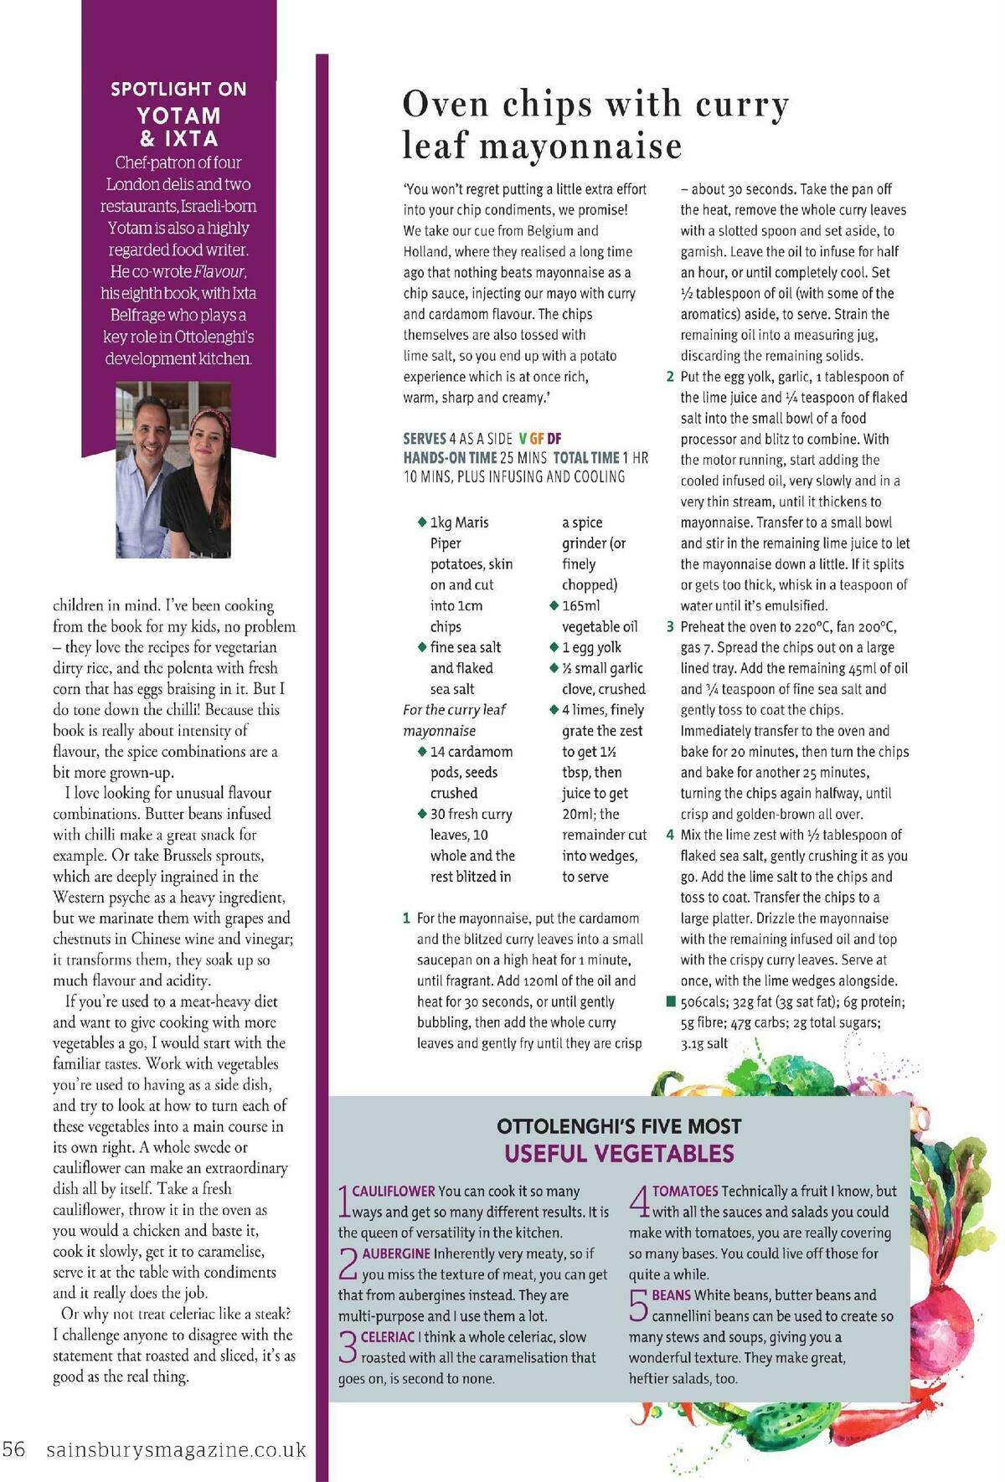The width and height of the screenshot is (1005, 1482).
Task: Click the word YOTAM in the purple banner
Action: tap(178, 115)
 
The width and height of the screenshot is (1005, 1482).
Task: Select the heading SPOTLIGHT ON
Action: tap(178, 89)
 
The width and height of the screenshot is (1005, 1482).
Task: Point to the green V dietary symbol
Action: tap(523, 437)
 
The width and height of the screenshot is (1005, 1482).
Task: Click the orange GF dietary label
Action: tap(538, 437)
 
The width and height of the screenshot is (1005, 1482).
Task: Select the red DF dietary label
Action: tap(554, 437)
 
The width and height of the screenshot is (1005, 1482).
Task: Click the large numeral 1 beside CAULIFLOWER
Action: tap(343, 1201)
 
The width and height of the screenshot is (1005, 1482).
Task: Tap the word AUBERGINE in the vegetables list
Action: tap(396, 1253)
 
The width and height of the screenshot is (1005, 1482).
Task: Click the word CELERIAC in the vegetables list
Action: tap(388, 1336)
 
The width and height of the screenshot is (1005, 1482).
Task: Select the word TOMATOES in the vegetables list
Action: tap(685, 1191)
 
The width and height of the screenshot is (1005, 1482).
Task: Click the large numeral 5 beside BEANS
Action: tap(639, 1305)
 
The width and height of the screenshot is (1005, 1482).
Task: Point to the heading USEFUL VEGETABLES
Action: tap(619, 1153)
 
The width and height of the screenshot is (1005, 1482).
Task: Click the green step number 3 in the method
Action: tap(670, 626)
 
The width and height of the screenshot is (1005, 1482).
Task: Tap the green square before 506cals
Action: tap(670, 1001)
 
